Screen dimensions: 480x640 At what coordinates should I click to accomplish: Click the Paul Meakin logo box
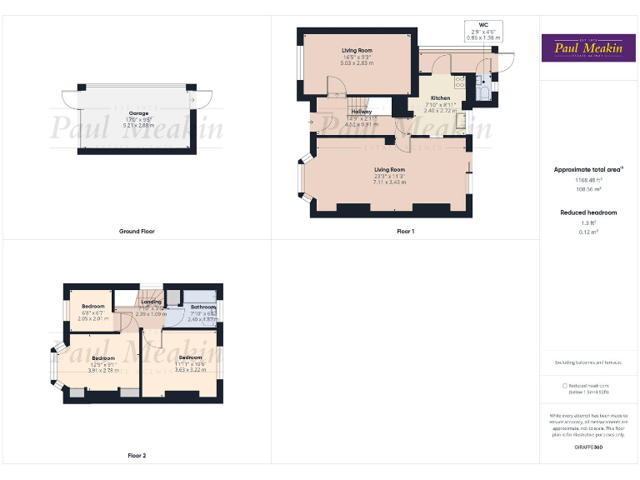click(x=588, y=47)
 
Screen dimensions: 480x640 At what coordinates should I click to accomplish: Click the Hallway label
click(x=361, y=112)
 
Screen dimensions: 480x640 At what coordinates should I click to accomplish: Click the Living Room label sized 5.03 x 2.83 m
click(x=357, y=51)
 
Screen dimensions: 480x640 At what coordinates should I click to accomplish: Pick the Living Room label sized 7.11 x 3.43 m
click(x=389, y=170)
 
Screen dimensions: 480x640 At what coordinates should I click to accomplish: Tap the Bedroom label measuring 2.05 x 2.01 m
click(x=92, y=307)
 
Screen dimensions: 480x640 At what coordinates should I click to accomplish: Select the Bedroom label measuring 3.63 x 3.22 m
click(x=189, y=357)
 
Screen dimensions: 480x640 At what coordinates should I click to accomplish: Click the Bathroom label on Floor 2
click(x=203, y=307)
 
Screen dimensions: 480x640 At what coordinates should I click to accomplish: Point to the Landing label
click(x=151, y=302)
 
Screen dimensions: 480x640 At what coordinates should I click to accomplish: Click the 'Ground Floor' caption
click(x=137, y=231)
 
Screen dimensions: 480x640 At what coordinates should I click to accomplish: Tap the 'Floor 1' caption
click(x=405, y=231)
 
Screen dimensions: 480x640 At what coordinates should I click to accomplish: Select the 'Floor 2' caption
click(x=137, y=456)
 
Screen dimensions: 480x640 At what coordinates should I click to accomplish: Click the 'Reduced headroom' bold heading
click(x=588, y=212)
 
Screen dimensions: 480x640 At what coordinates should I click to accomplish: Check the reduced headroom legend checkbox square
click(x=565, y=386)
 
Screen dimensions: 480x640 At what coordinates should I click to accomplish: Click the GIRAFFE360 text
click(x=588, y=447)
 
